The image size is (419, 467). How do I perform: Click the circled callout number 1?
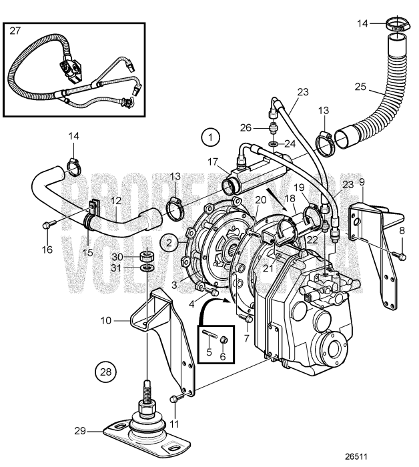coord(212,138)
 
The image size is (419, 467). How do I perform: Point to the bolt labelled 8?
coord(400,255)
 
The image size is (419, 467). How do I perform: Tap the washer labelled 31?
coord(148,269)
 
